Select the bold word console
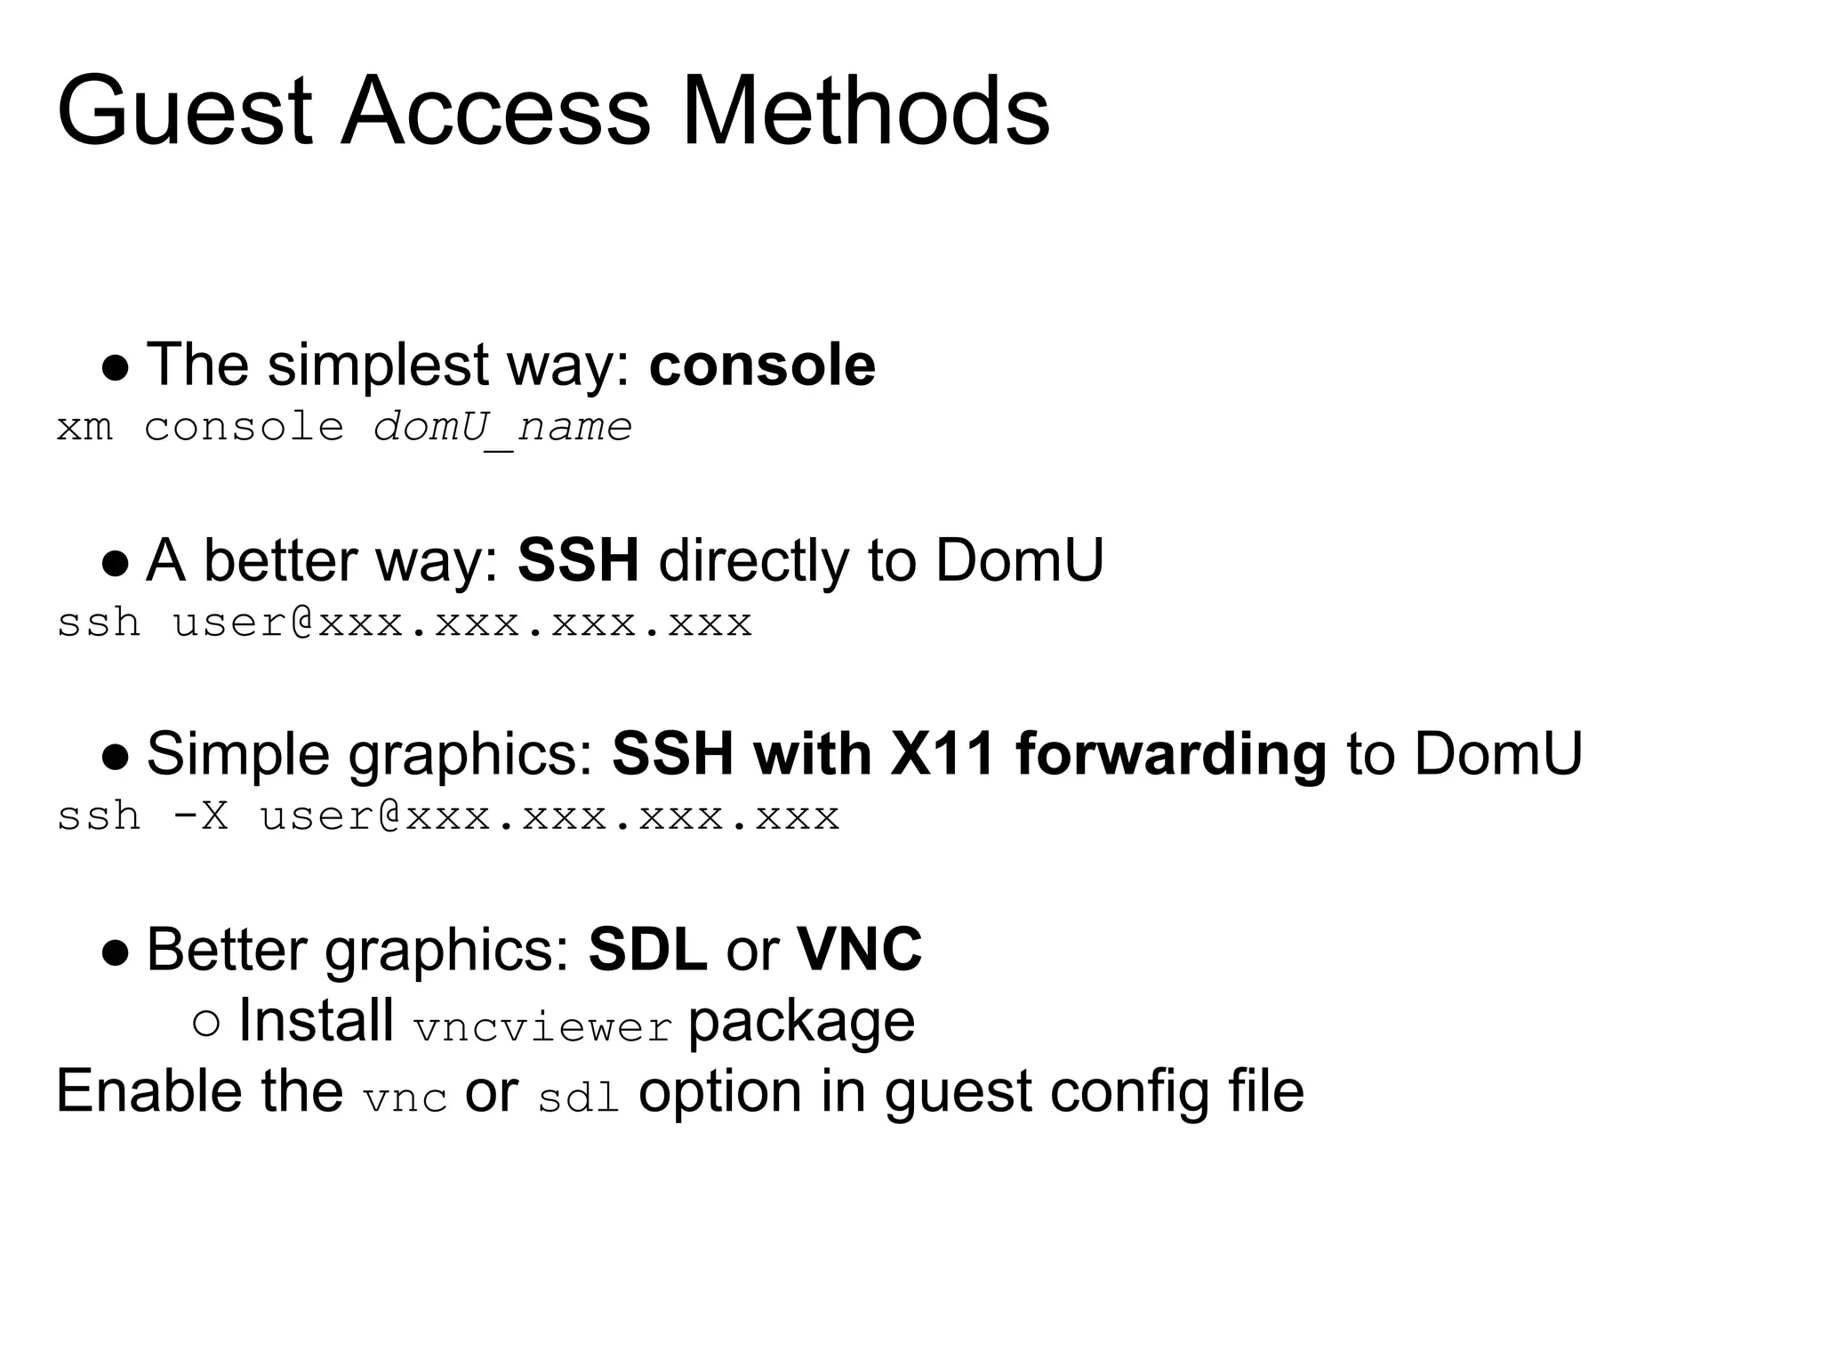762,366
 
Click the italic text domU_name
502,428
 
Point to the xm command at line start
84,428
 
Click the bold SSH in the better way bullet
578,561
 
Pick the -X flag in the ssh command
200,816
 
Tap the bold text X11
942,754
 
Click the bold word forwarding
1170,754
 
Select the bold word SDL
647,950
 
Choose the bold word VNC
859,950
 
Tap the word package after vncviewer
801,1022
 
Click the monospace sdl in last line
578,1099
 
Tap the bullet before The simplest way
116,368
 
